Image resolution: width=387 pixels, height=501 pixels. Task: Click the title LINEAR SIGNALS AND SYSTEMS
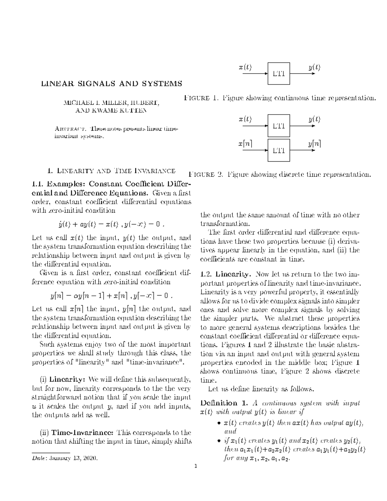[x=111, y=84]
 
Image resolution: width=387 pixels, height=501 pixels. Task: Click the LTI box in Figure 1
[x=279, y=74]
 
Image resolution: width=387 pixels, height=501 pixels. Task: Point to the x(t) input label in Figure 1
[x=245, y=67]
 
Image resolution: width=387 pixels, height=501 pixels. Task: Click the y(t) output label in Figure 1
[x=314, y=67]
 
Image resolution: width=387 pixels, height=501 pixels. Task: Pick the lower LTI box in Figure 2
[x=279, y=150]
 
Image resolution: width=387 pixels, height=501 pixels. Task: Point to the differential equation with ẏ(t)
[x=112, y=225]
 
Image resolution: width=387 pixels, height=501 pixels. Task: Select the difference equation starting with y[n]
[x=112, y=296]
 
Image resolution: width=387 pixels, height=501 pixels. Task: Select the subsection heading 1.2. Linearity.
[x=225, y=275]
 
